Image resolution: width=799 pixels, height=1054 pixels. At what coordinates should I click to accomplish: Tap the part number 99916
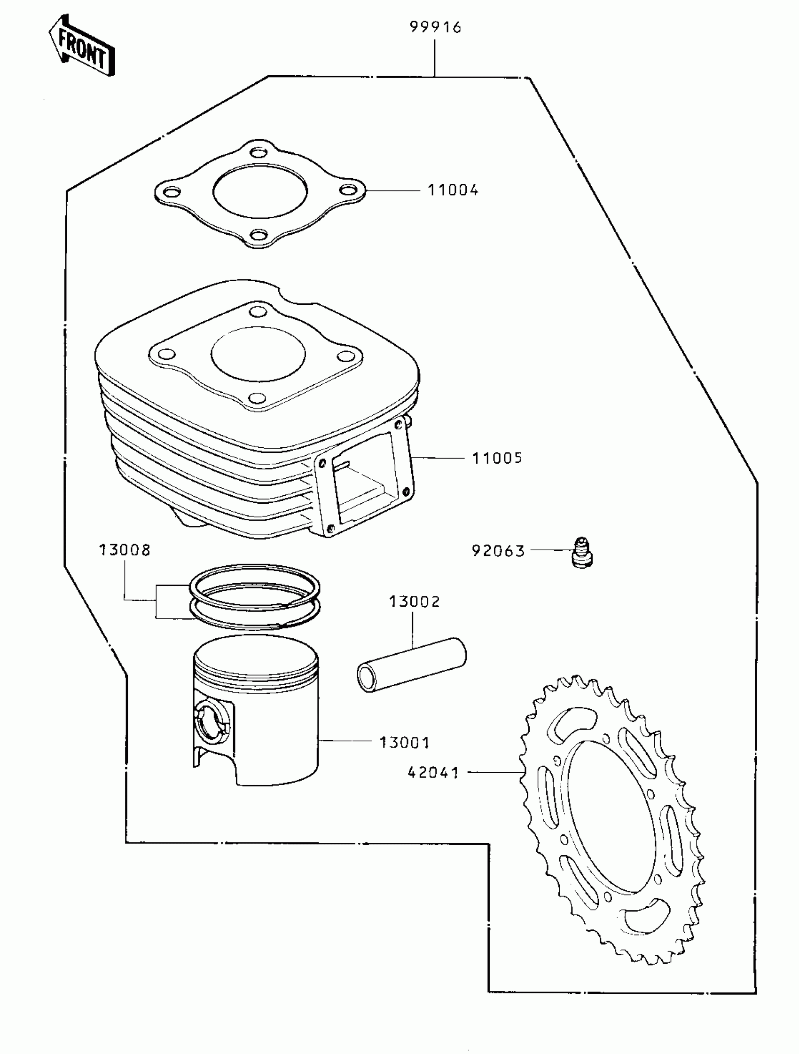click(435, 27)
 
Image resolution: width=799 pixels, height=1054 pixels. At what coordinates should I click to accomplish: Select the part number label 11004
click(452, 190)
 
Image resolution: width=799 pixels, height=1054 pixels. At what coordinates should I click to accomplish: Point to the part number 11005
click(497, 458)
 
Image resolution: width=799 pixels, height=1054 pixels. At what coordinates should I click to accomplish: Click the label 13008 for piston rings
click(124, 550)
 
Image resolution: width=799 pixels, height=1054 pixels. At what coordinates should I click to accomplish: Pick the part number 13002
click(414, 602)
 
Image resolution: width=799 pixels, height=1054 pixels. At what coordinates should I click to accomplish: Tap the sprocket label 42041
click(433, 772)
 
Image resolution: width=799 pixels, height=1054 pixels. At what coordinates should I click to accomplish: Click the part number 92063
click(498, 551)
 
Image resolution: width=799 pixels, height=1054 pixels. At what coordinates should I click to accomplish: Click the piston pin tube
click(412, 665)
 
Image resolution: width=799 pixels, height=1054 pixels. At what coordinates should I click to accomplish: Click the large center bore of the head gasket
click(260, 191)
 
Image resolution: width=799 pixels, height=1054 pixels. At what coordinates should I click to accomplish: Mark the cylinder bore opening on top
click(258, 354)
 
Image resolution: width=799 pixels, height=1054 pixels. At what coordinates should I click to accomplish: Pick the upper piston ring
click(255, 586)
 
